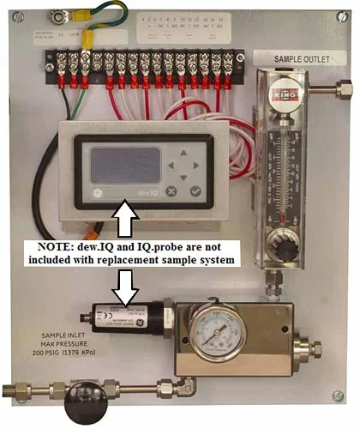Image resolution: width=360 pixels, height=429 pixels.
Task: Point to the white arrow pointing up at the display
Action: [126, 218]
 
